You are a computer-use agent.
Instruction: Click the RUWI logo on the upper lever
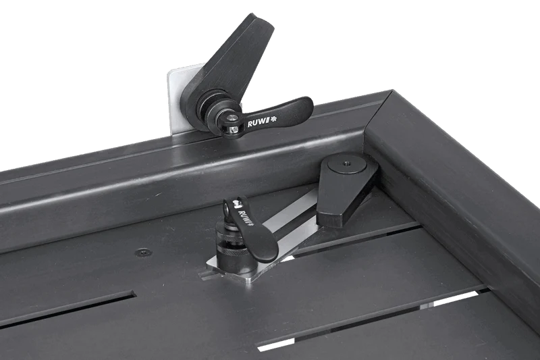point(262,122)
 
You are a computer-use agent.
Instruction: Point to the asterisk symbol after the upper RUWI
point(274,119)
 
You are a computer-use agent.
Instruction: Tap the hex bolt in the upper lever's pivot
point(234,130)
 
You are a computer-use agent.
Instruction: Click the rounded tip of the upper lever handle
point(305,104)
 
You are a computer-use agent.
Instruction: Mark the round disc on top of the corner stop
point(347,163)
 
